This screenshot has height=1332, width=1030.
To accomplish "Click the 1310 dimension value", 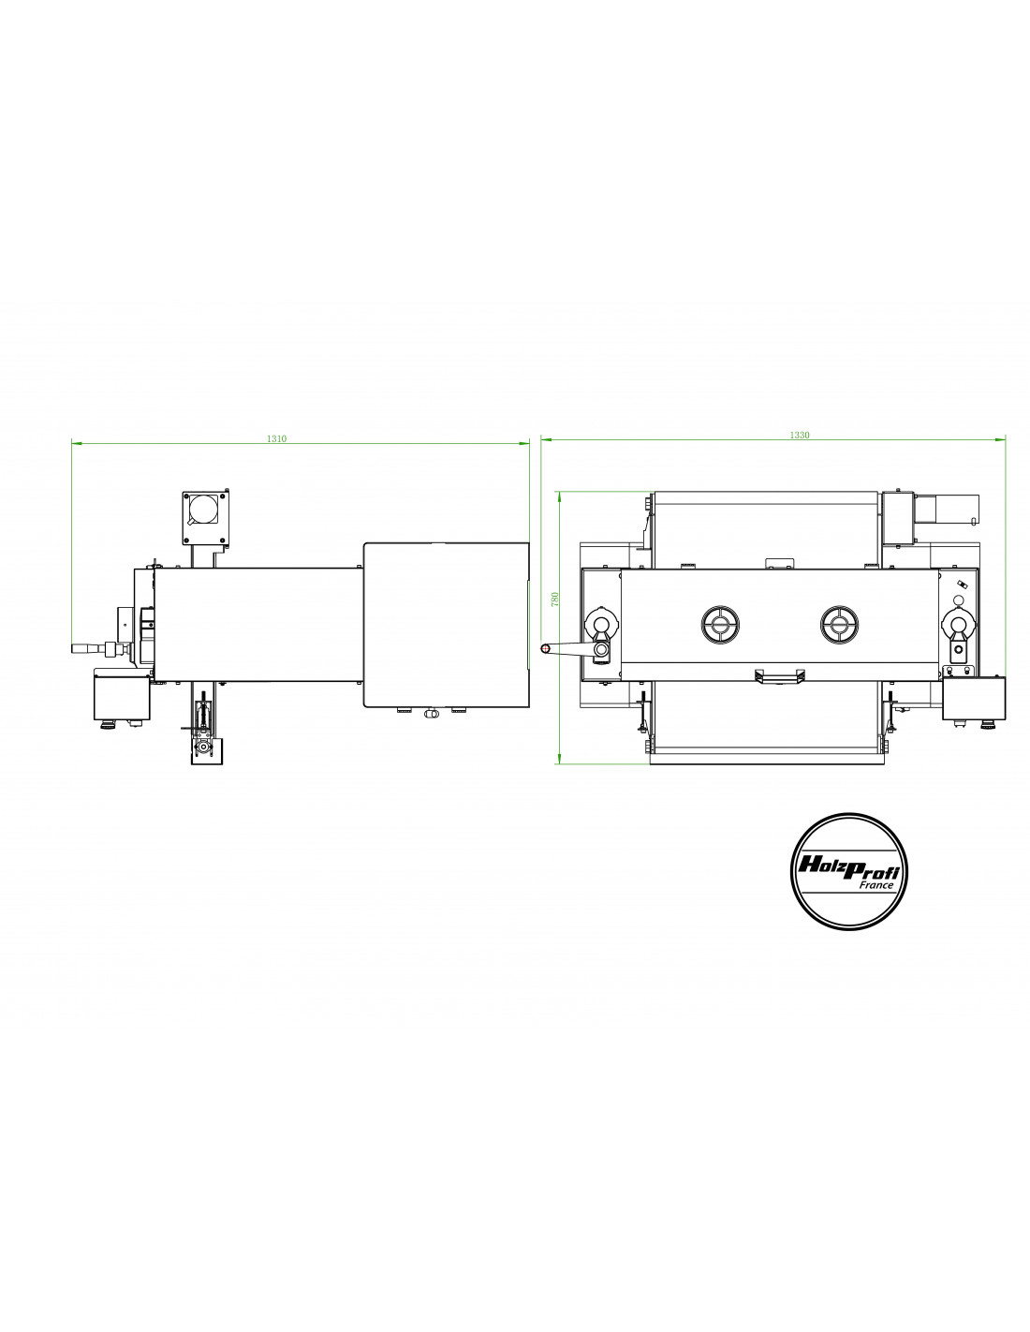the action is coord(276,438).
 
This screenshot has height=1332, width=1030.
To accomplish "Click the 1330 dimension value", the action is coord(799,435).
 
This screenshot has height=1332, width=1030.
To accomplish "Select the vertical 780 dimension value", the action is coord(555,599).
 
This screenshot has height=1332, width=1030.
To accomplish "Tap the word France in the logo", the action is coord(876,884).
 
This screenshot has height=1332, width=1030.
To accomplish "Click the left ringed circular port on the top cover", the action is coord(719,625).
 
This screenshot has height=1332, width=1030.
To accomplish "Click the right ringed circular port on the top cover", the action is coord(839,625).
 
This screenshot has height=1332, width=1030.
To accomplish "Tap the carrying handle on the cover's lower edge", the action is coord(779,675).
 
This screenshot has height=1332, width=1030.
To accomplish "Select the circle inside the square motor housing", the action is coord(203,509).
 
